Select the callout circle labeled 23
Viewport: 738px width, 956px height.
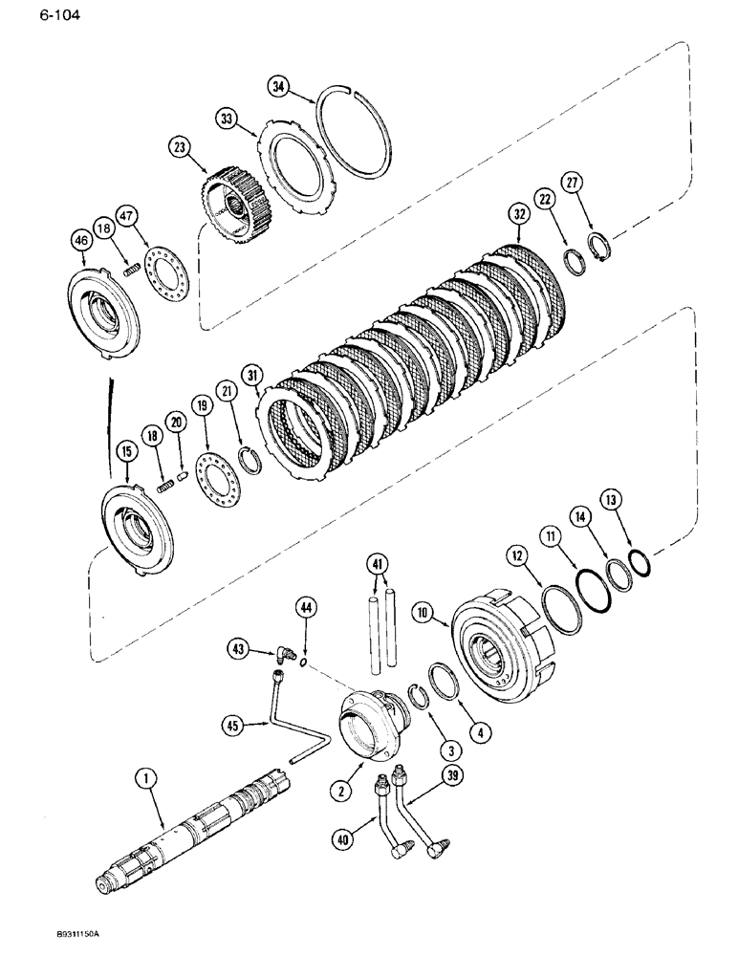coord(180,147)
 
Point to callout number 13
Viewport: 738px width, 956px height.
coord(613,498)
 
